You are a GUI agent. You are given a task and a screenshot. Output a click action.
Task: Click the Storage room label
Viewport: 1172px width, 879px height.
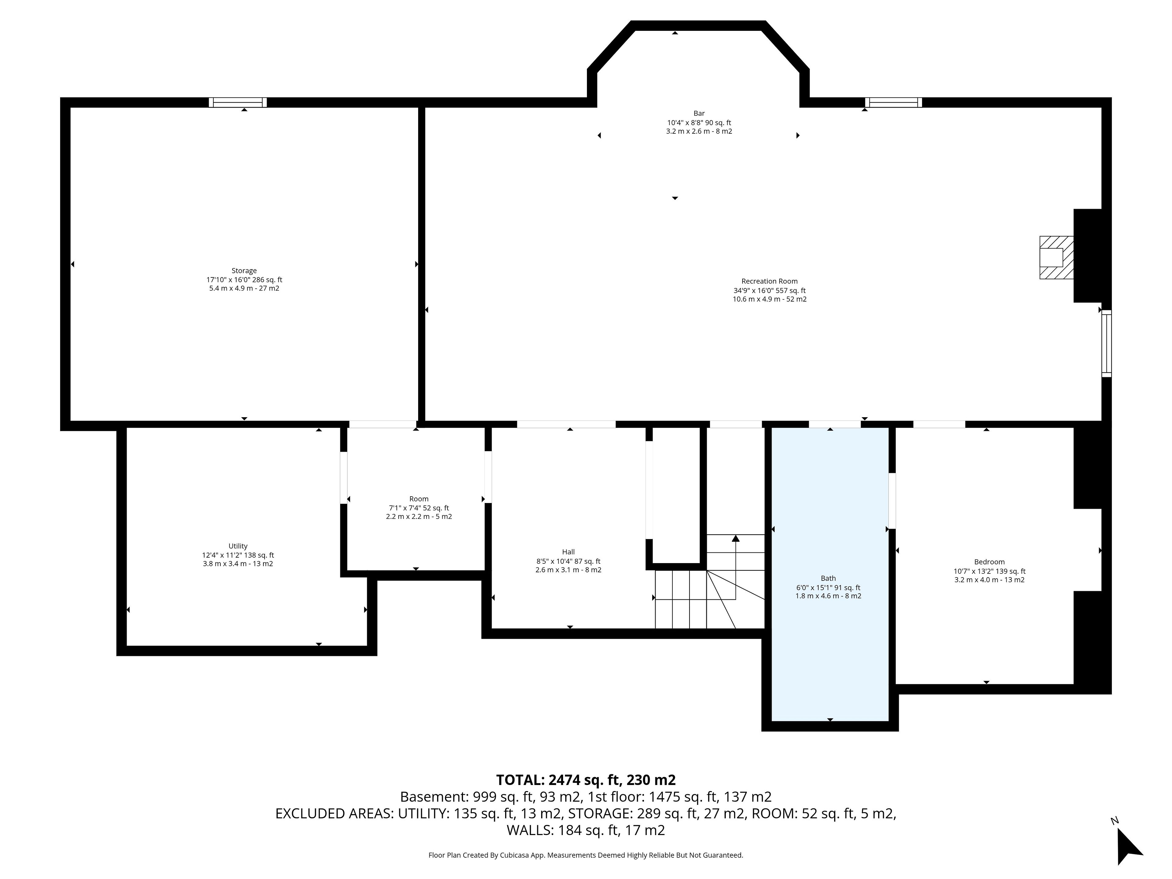click(244, 271)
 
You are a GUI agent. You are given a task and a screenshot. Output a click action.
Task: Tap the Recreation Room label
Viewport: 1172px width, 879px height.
click(769, 281)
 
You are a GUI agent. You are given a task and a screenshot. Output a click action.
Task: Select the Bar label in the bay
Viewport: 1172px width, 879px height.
click(699, 114)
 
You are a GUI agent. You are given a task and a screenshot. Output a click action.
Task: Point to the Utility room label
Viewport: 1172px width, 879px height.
click(238, 546)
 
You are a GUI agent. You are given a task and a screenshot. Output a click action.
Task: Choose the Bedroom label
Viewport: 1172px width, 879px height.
click(989, 562)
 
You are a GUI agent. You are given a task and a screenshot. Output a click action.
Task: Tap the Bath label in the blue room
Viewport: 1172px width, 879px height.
click(828, 579)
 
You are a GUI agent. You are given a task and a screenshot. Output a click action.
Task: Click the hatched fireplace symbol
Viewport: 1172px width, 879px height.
click(1057, 258)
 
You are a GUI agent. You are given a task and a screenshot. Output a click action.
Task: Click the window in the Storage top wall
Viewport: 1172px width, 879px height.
click(237, 102)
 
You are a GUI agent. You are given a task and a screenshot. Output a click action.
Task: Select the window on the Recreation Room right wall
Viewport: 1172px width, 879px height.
click(1106, 343)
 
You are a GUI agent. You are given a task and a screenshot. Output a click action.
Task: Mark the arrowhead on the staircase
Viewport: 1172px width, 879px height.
click(736, 538)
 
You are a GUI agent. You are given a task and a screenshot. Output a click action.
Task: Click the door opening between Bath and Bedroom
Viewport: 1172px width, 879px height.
click(892, 501)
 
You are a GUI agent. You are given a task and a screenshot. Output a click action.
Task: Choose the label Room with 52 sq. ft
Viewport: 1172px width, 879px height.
click(418, 499)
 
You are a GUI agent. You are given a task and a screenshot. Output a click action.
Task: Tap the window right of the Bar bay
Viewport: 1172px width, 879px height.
click(893, 102)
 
